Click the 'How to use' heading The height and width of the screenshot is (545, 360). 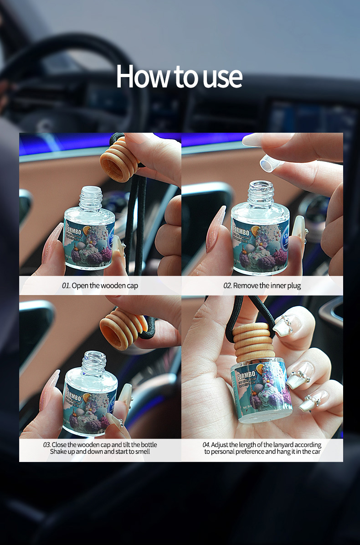179,77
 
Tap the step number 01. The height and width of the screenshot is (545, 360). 66,286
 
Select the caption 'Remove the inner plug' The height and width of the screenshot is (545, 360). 267,286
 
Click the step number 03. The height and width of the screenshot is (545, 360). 46,445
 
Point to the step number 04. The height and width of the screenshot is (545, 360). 206,445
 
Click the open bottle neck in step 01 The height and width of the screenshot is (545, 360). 90,197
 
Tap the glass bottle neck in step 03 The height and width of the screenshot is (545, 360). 94,363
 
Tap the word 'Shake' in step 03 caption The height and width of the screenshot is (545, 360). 59,452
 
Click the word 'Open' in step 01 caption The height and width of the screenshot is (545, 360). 79,286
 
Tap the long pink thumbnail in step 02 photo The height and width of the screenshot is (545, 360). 216,228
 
